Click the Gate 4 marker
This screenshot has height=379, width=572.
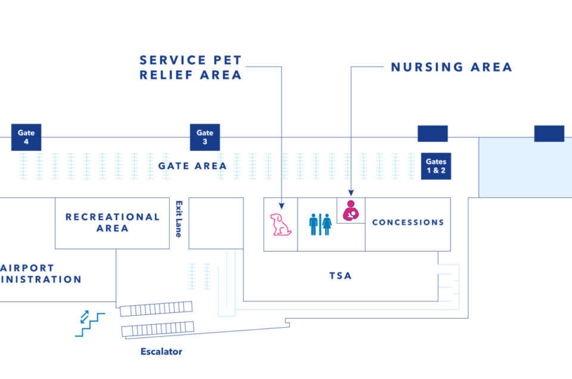point(26,138)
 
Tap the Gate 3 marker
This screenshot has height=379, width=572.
point(205,138)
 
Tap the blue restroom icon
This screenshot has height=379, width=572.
point(320,224)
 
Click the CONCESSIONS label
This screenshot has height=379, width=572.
point(408,222)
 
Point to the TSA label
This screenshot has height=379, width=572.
point(340,276)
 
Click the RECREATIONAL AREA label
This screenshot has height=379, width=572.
point(113,222)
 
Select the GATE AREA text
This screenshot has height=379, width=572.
point(192,166)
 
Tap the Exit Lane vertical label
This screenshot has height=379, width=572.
point(178,219)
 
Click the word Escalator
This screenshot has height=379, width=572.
point(161,352)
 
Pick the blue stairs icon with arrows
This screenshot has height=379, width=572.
point(89,322)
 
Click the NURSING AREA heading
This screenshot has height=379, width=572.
point(452,67)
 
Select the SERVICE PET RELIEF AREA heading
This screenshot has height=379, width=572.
point(191,67)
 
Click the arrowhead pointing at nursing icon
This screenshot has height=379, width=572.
point(351,193)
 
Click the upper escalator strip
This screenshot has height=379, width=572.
point(157,308)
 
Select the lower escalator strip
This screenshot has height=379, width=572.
point(158,329)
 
